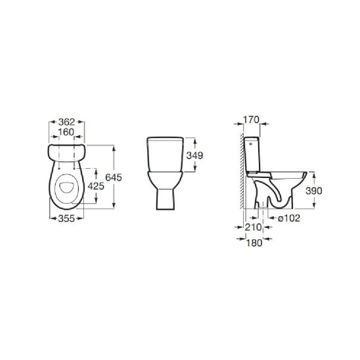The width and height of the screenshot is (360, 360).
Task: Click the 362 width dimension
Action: pyautogui.click(x=66, y=122)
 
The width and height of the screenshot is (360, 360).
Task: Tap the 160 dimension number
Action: pyautogui.click(x=66, y=132)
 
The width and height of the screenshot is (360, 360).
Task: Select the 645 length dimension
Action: pyautogui.click(x=114, y=177)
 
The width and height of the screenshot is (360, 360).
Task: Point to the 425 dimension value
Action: pyautogui.click(x=96, y=186)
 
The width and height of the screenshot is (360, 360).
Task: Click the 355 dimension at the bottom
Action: pyautogui.click(x=66, y=218)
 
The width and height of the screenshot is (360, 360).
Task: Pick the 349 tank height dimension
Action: pyautogui.click(x=194, y=156)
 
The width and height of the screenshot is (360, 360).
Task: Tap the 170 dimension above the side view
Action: pyautogui.click(x=251, y=120)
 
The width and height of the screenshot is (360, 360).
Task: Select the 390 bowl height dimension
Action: pyautogui.click(x=313, y=191)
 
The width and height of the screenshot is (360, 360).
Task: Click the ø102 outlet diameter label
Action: pyautogui.click(x=289, y=218)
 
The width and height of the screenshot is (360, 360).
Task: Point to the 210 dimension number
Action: pyautogui.click(x=254, y=227)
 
